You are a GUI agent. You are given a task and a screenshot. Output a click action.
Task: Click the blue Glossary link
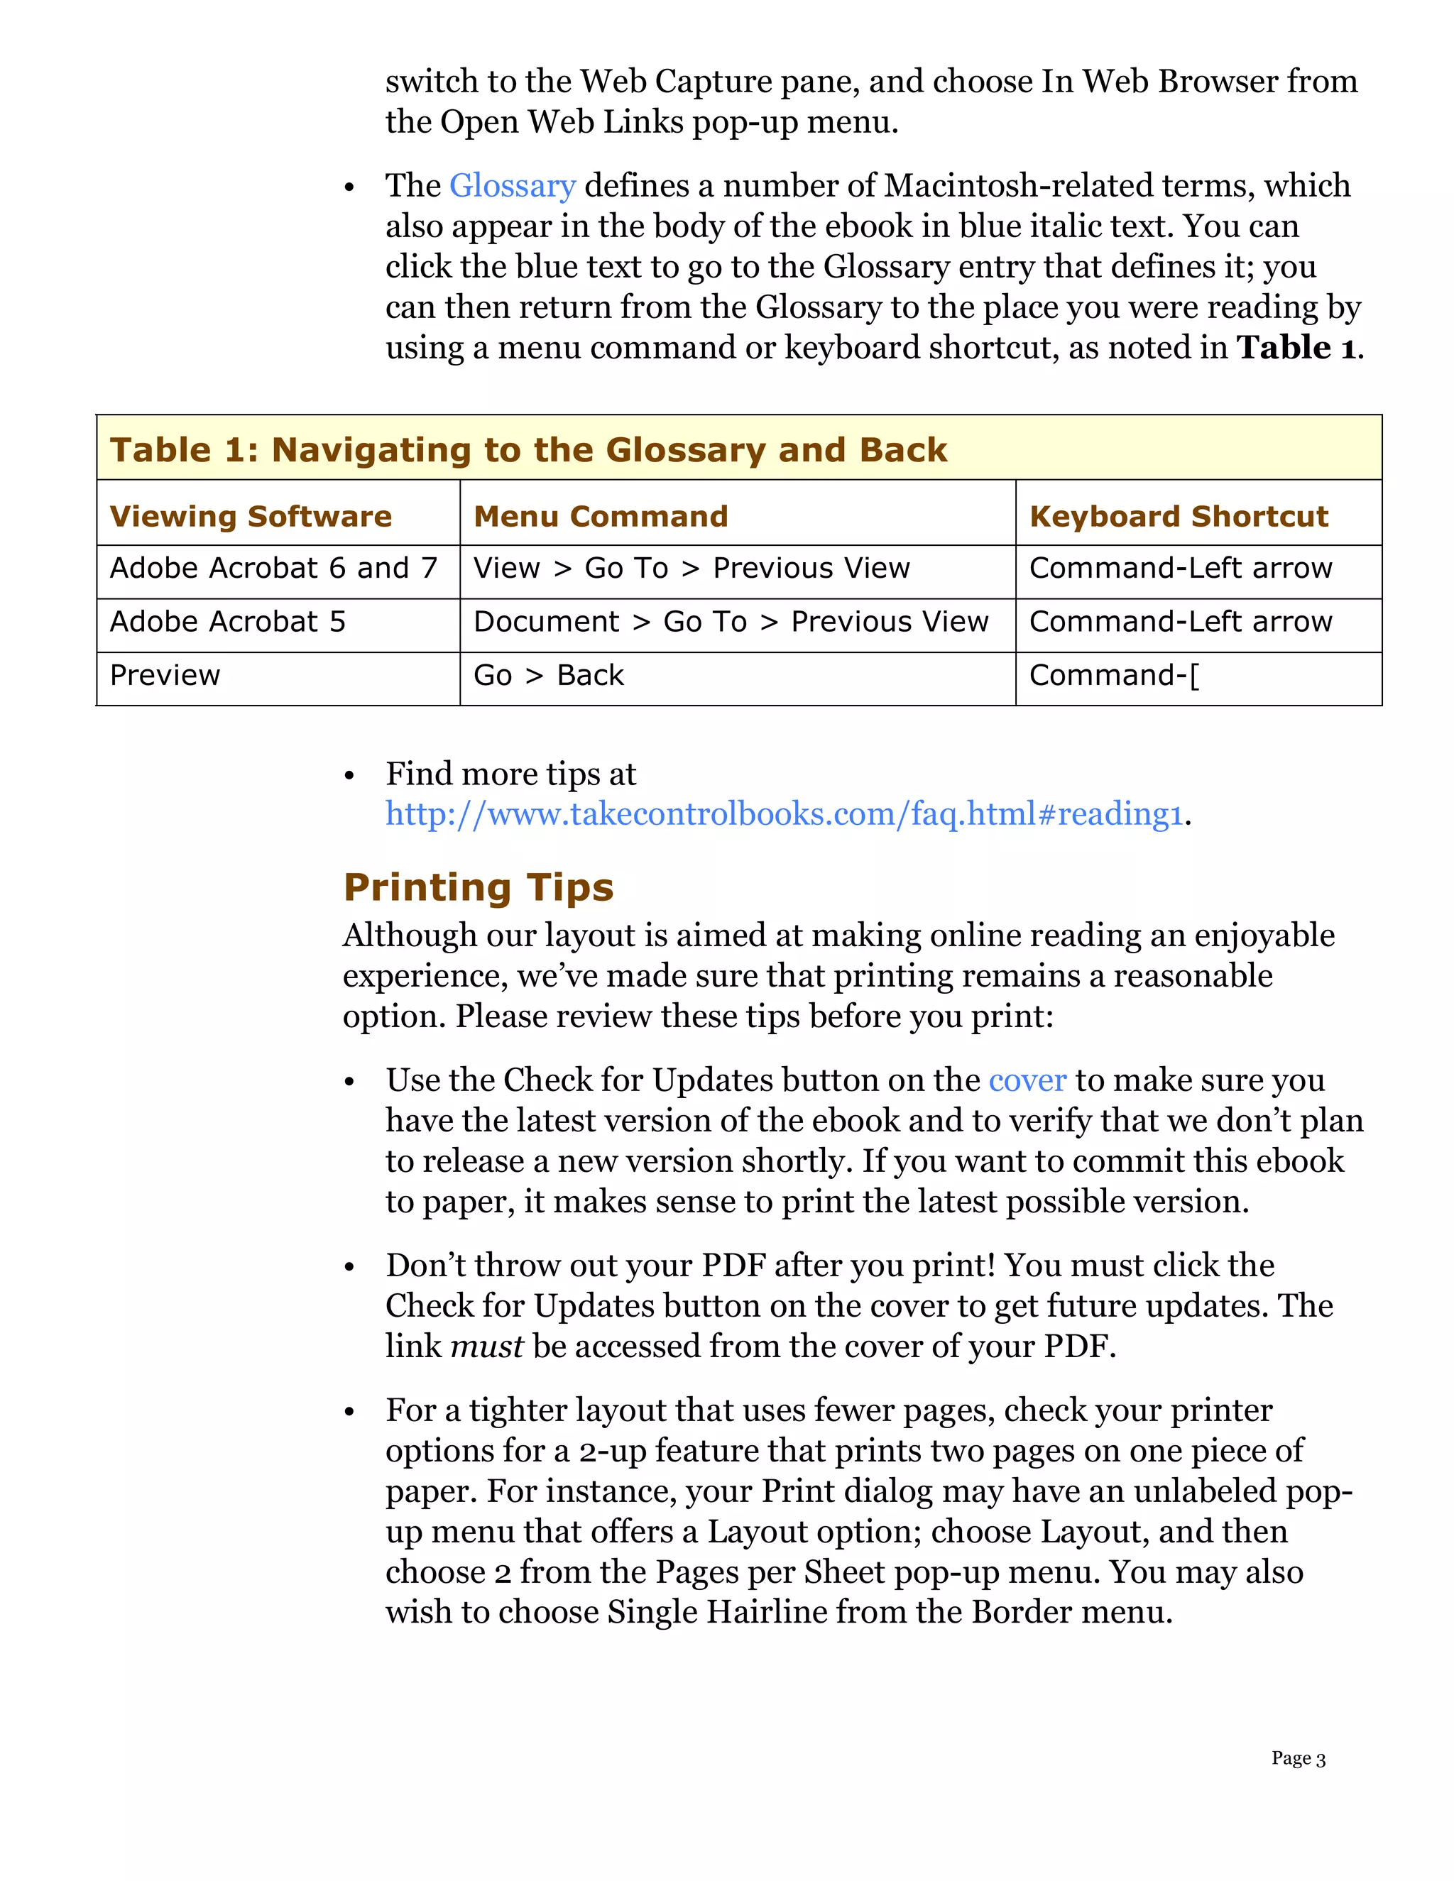pos(512,186)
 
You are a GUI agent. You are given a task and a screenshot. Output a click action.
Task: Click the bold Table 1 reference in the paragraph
pos(1296,348)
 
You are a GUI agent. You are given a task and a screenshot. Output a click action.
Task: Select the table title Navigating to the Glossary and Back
pos(528,449)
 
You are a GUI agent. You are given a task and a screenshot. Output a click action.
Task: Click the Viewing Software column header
pos(251,516)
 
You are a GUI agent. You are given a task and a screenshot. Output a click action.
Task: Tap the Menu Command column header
pos(601,516)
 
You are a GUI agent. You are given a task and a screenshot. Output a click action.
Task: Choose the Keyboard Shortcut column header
pos(1178,516)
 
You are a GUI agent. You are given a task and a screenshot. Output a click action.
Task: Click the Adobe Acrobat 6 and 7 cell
pos(273,569)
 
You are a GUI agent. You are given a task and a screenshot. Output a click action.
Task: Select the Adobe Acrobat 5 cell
pos(227,622)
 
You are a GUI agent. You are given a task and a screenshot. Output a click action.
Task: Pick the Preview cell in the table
pos(165,675)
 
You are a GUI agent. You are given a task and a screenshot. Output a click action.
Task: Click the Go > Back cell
pos(548,675)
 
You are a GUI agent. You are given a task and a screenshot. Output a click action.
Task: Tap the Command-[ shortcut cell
pos(1113,675)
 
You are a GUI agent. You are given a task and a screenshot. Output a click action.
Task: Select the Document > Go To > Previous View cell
pos(731,622)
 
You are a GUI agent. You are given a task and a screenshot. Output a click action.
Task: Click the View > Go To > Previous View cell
pos(691,569)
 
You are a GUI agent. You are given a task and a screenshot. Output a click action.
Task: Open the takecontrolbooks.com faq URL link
pos(784,814)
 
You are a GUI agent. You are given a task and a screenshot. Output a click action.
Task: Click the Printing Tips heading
pos(478,887)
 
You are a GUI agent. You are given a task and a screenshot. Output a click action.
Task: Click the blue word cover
pos(1027,1080)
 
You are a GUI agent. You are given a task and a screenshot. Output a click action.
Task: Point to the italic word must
pos(486,1346)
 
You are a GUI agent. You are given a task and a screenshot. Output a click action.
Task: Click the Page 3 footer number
pos(1297,1757)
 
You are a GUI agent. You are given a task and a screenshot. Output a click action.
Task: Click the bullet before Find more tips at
pos(349,776)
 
